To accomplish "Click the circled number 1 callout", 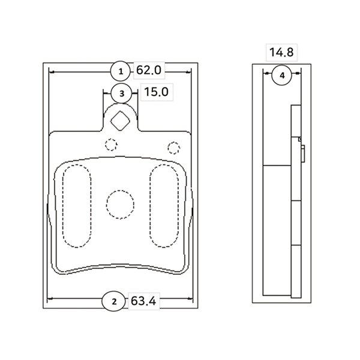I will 121,72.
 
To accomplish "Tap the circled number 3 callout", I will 121,93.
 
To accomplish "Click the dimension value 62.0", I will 149,71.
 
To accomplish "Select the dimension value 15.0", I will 155,92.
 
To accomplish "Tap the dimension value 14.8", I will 281,52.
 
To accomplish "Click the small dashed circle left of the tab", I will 110,144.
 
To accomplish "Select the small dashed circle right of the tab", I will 174,148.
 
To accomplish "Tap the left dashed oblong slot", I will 77,206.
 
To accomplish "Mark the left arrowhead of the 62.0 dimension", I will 50,72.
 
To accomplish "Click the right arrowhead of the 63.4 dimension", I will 191,299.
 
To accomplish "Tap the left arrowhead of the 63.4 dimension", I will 49,299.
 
